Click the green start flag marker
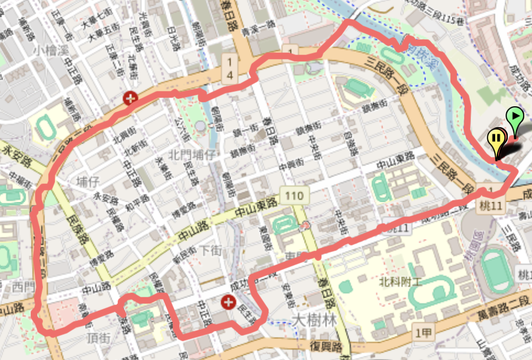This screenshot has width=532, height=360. click(x=514, y=116)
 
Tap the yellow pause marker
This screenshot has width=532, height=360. click(x=497, y=138)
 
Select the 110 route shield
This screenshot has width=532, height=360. click(x=294, y=195)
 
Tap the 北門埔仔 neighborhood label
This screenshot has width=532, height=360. click(x=192, y=155)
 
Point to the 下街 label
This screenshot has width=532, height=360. click(x=210, y=250)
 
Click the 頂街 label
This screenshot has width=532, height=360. click(x=98, y=336)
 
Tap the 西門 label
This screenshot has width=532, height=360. click(x=23, y=287)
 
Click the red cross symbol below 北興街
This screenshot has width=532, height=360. click(x=131, y=99)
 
